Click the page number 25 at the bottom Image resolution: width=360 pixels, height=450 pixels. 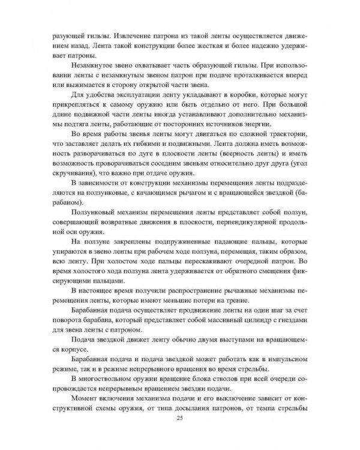[180, 418]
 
